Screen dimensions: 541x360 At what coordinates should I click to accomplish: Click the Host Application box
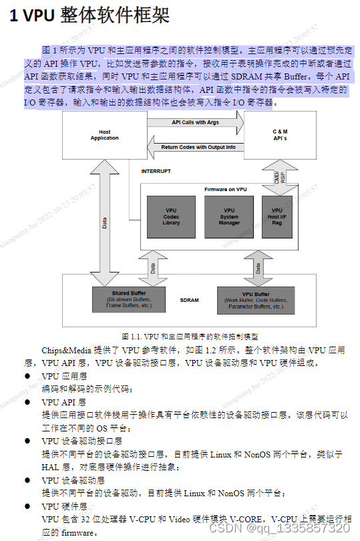point(104,135)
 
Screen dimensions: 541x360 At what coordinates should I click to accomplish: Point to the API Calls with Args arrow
point(195,123)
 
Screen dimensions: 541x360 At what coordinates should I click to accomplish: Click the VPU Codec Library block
point(171,216)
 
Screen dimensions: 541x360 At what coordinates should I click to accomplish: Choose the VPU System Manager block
point(229,216)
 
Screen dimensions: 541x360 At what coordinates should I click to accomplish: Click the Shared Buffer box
point(129,299)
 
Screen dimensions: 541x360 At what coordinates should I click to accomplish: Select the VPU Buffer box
point(255,299)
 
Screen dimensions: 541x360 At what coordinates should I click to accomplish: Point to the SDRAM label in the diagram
point(189,300)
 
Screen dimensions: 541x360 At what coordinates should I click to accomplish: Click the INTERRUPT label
point(156,171)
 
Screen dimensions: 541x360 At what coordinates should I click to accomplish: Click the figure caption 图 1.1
point(190,336)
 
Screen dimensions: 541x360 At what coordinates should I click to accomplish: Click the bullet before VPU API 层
point(27,402)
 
